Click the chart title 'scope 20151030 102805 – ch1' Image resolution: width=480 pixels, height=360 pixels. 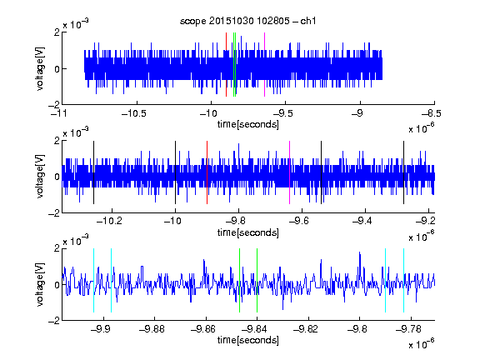248,21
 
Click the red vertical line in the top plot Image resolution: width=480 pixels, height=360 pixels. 226,65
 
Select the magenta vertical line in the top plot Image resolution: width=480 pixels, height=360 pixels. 264,65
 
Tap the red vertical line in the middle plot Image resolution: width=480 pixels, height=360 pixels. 207,172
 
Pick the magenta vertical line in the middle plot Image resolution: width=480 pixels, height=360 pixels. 290,172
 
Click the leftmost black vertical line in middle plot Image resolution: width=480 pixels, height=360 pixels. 93,172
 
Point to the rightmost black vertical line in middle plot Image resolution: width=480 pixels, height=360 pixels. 404,172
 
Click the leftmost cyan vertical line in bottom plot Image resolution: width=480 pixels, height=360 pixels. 93,280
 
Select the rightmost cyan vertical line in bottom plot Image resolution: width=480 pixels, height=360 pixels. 404,280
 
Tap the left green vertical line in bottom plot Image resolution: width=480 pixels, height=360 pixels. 239,280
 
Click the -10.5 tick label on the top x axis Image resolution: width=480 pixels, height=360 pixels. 134,113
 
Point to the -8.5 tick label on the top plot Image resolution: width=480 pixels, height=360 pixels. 432,113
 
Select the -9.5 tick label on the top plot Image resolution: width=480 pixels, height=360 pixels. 282,113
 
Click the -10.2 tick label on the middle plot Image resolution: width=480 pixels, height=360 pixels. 109,221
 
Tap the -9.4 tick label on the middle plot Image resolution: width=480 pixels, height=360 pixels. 362,221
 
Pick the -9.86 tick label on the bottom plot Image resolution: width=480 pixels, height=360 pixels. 203,329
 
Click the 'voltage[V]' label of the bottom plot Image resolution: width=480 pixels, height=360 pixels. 40,284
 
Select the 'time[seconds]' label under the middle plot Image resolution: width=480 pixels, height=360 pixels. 248,232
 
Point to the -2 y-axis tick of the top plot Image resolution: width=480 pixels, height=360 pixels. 54,105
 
